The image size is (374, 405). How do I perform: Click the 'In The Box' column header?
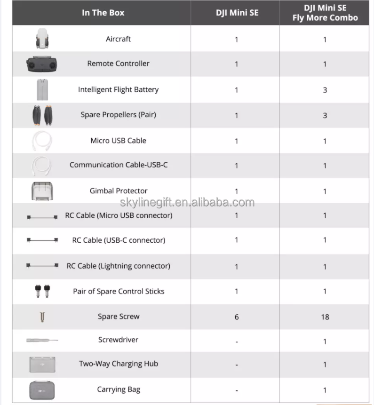[103, 13]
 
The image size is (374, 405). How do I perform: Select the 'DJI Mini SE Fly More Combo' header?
[325, 13]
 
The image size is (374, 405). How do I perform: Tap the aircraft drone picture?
[42, 39]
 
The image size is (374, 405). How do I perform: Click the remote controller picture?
[42, 64]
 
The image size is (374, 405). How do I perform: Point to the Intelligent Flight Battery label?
[118, 89]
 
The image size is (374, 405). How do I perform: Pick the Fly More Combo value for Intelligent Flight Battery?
[325, 90]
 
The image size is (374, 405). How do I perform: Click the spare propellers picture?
[42, 115]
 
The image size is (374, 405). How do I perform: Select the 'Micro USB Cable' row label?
[118, 140]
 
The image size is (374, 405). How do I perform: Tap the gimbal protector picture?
[42, 191]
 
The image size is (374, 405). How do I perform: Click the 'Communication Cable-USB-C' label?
[118, 165]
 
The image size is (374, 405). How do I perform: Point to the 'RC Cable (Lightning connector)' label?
[118, 266]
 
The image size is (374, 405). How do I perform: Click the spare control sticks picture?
[42, 292]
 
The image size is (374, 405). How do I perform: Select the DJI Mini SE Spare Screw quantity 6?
[237, 317]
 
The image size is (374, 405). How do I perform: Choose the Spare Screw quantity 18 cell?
[325, 317]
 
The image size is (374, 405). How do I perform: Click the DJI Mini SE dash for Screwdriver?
[237, 341]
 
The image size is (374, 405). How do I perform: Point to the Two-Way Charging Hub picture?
[42, 364]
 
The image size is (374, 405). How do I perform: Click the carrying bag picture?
[42, 390]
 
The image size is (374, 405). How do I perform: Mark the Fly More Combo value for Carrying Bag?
[325, 390]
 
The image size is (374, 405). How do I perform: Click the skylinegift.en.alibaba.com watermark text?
[187, 202]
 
